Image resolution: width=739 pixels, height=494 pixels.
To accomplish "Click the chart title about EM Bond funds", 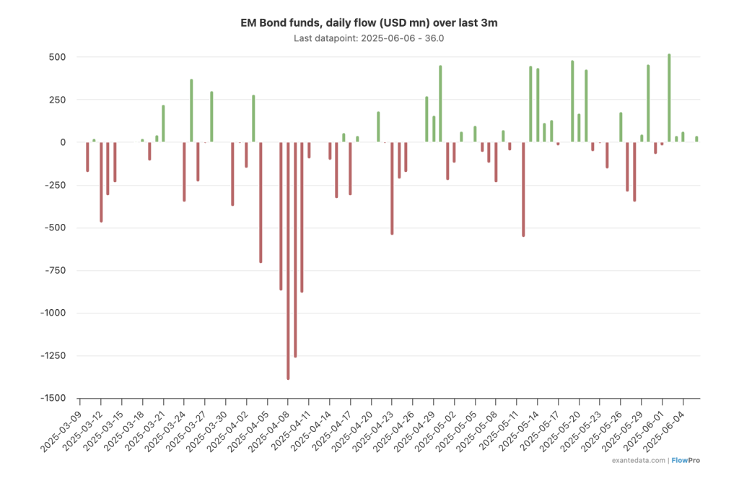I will tap(369, 23).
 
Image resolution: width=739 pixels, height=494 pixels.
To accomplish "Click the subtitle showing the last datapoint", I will tap(369, 38).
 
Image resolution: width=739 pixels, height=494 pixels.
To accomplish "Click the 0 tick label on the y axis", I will tap(63, 142).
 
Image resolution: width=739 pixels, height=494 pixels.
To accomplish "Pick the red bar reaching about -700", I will tap(261, 202).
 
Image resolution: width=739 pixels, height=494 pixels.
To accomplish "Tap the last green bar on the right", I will tap(696, 139).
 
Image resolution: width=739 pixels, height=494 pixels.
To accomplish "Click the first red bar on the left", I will tap(87, 157).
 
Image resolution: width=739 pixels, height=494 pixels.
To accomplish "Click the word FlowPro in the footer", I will tap(688, 460).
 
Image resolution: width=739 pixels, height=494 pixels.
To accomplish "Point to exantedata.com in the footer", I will tap(637, 460).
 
